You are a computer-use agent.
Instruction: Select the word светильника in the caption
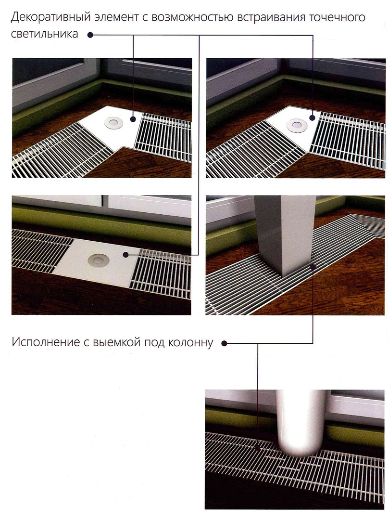coord(45,34)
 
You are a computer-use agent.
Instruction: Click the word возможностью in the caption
coord(193,17)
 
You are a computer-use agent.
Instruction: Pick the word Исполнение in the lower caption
coord(44,342)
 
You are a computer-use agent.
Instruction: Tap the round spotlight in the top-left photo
coord(113,122)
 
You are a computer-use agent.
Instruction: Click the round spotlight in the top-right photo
coord(297,125)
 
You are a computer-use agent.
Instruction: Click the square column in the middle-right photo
coord(284,234)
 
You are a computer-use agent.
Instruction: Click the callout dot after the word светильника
coord(89,35)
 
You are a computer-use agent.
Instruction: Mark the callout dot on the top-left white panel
coord(133,119)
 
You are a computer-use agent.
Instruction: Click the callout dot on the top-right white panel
coord(313,118)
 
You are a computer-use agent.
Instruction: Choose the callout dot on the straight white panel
coord(125,255)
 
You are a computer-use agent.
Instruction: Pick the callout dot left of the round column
coord(258,447)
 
